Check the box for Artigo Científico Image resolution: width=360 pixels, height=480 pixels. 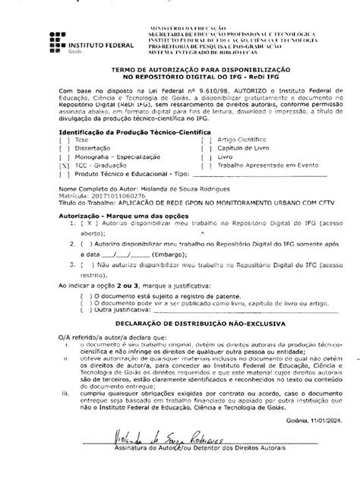(204, 141)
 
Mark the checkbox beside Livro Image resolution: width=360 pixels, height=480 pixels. (204, 157)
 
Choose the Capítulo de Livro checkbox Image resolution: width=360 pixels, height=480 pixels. (204, 149)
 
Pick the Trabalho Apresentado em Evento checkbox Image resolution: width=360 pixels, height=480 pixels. (204, 165)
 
